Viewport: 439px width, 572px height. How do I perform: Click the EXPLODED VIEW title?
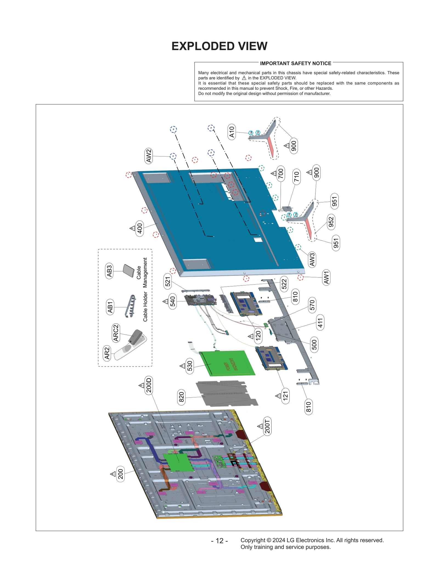click(x=219, y=46)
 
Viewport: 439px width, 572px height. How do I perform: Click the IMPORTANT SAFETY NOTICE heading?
click(x=295, y=63)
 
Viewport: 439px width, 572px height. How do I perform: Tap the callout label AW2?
click(x=148, y=156)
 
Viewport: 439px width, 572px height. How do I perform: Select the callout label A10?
click(x=232, y=132)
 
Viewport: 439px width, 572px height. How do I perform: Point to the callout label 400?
click(x=140, y=228)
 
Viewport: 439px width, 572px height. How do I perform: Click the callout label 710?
click(x=296, y=176)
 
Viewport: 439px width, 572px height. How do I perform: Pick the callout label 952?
click(x=331, y=222)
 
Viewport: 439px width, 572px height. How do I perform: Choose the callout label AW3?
click(x=312, y=259)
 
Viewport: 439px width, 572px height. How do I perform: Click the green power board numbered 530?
click(x=228, y=363)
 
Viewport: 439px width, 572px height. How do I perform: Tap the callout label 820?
click(x=181, y=397)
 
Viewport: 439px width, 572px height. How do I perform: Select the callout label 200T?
click(x=267, y=426)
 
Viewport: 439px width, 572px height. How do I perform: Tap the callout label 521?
click(x=168, y=281)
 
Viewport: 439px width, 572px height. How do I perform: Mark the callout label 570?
click(x=312, y=305)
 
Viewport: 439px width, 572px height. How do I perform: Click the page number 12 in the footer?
click(x=219, y=540)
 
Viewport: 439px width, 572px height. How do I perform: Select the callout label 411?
click(x=320, y=322)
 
